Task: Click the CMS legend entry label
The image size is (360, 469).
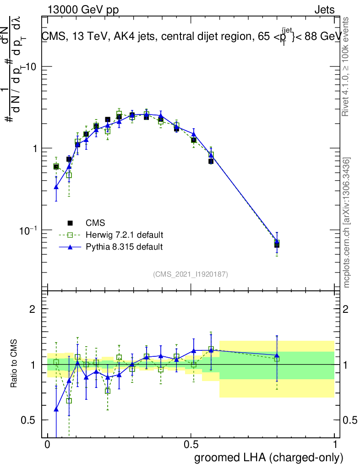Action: [95, 223]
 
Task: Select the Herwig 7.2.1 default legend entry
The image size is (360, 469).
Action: [124, 235]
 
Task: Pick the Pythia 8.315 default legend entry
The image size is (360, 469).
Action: [124, 247]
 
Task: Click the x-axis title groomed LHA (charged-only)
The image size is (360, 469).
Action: [269, 457]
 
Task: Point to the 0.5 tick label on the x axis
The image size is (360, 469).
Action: [191, 445]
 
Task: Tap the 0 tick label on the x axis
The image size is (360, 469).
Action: [47, 445]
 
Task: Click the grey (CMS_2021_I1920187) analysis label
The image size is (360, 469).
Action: [190, 274]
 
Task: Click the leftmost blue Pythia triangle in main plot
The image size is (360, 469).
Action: [56, 187]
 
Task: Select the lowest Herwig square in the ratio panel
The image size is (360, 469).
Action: [69, 401]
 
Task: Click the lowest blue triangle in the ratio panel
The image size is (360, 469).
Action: [56, 409]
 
